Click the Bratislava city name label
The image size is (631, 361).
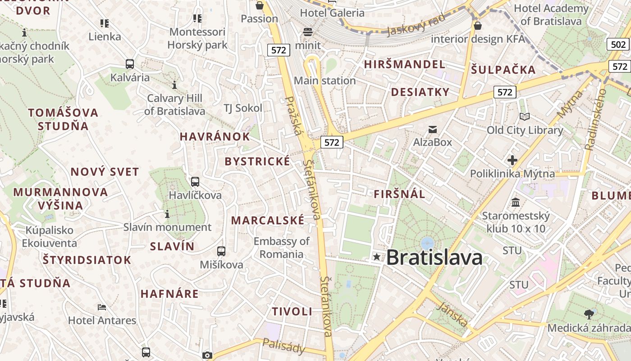pyautogui.click(x=434, y=257)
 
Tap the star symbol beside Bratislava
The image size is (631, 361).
pyautogui.click(x=377, y=257)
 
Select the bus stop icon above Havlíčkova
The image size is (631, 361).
pyautogui.click(x=195, y=182)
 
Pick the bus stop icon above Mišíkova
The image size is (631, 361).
pyautogui.click(x=221, y=251)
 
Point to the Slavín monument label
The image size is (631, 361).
pyautogui.click(x=167, y=227)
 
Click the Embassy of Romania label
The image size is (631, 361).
pyautogui.click(x=282, y=247)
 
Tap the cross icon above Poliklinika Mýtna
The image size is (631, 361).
pyautogui.click(x=512, y=160)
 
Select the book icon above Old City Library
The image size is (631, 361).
pyautogui.click(x=525, y=117)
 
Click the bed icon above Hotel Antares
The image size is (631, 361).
pyautogui.click(x=102, y=307)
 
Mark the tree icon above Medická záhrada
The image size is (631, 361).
pyautogui.click(x=589, y=314)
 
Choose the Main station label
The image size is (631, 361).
pyautogui.click(x=325, y=81)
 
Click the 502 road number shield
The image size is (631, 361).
pyautogui.click(x=618, y=44)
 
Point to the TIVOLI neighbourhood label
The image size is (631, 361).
pyautogui.click(x=292, y=311)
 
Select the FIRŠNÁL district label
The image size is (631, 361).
pyautogui.click(x=399, y=194)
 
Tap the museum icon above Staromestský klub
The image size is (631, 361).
pyautogui.click(x=516, y=202)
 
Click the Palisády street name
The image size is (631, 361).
pyautogui.click(x=283, y=346)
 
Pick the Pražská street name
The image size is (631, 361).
pyautogui.click(x=293, y=116)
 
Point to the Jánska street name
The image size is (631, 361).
pyautogui.click(x=452, y=315)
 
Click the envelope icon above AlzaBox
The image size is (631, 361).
pyautogui.click(x=433, y=130)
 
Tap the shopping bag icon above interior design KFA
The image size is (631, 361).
pyautogui.click(x=478, y=26)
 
